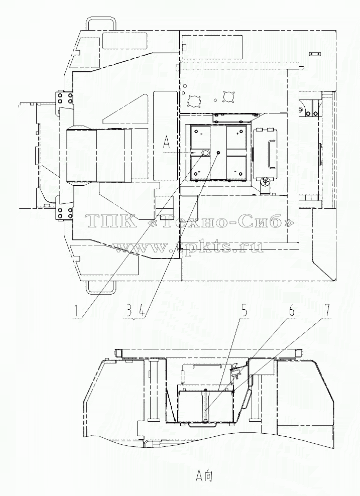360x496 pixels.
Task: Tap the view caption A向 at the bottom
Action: [x=203, y=475]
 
